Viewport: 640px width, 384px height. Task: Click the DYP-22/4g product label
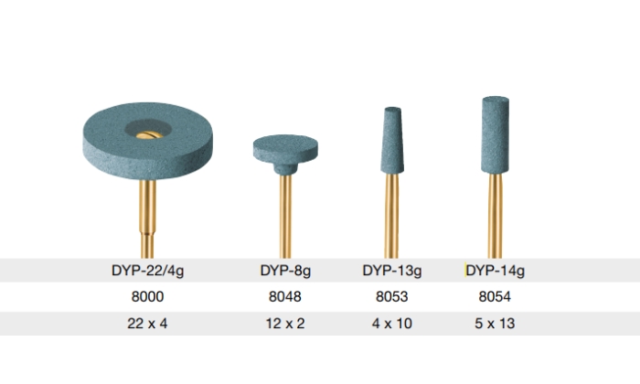[x=148, y=271]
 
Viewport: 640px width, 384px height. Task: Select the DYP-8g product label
[x=285, y=271]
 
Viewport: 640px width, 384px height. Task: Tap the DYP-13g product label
[x=392, y=271]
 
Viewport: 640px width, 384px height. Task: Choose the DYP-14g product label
[x=496, y=271]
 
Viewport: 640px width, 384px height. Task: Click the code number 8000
[x=147, y=296]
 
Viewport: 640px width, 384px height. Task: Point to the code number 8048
[x=285, y=296]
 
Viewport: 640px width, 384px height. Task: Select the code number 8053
[x=392, y=296]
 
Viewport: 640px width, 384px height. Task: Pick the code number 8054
[x=495, y=296]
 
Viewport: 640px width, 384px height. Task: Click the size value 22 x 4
[x=147, y=324]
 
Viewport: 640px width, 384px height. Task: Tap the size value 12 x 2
[x=285, y=324]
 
